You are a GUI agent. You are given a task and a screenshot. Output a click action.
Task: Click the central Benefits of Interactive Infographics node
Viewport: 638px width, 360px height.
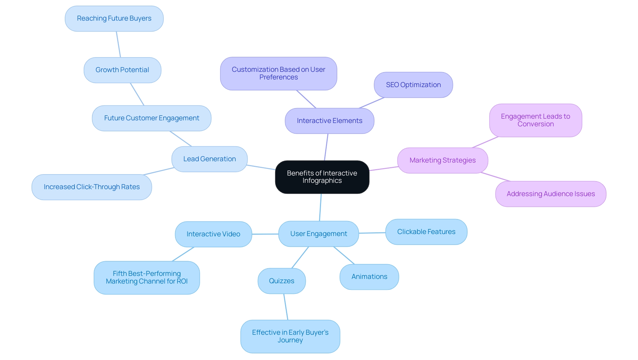pyautogui.click(x=322, y=177)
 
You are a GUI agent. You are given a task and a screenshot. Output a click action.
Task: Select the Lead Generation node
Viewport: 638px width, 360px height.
pyautogui.click(x=209, y=159)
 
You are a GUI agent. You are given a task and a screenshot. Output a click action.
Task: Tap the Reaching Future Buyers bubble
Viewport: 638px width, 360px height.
pyautogui.click(x=114, y=19)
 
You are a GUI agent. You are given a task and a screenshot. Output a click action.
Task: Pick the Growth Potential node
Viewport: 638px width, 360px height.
pyautogui.click(x=122, y=70)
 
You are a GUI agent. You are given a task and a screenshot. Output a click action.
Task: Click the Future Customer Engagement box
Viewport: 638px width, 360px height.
pyautogui.click(x=152, y=118)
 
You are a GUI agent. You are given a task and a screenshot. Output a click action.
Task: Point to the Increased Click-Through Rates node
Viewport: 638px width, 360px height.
pyautogui.click(x=92, y=187)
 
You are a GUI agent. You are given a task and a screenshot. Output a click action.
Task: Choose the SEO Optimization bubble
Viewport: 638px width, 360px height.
pyautogui.click(x=413, y=85)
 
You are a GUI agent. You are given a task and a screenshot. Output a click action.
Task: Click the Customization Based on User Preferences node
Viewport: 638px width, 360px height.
pyautogui.click(x=278, y=73)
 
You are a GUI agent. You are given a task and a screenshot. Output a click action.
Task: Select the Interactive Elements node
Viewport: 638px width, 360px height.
pyautogui.click(x=329, y=121)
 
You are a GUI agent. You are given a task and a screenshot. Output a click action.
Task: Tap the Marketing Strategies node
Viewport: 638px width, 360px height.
pyautogui.click(x=442, y=160)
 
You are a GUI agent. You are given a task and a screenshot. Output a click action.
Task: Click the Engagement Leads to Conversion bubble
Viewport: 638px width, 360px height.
pyautogui.click(x=535, y=120)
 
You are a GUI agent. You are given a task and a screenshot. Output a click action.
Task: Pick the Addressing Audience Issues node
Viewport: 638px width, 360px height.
pyautogui.click(x=551, y=194)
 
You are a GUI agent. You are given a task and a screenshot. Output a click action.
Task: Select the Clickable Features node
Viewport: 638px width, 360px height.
pyautogui.click(x=426, y=232)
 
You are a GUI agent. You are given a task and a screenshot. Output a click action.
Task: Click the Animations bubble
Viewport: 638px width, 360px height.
pyautogui.click(x=369, y=277)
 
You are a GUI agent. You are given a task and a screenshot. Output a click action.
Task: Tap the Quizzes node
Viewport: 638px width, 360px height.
pyautogui.click(x=281, y=281)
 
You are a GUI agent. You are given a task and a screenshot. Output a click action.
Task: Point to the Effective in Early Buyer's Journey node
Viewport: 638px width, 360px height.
pyautogui.click(x=290, y=336)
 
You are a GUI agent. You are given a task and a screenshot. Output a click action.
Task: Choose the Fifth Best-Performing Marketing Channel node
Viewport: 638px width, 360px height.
pyautogui.click(x=147, y=277)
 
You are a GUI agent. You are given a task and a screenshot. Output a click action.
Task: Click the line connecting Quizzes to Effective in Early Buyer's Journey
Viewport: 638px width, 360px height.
pyautogui.click(x=286, y=307)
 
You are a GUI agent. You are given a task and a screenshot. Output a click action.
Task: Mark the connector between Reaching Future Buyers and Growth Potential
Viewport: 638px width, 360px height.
pyautogui.click(x=118, y=45)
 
